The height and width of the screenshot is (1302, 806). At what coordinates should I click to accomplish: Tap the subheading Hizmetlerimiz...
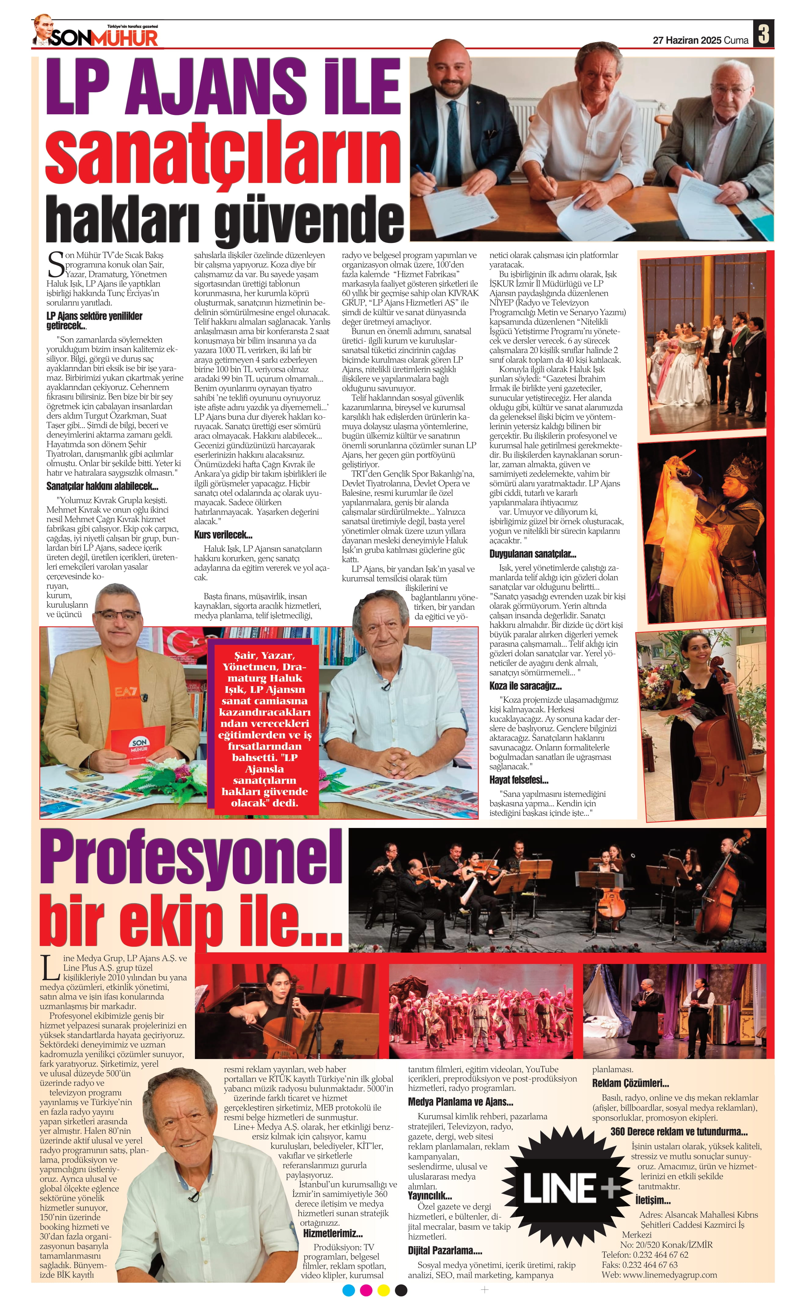(333, 1233)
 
